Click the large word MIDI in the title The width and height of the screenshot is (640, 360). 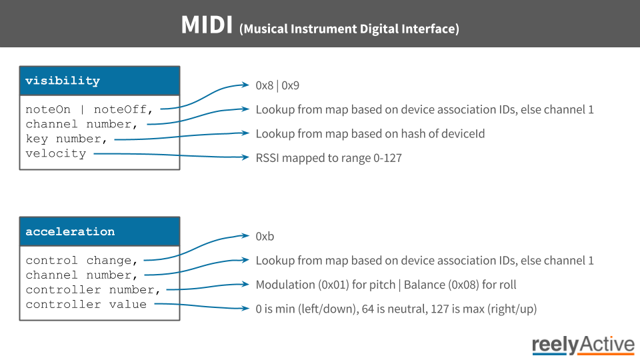click(207, 25)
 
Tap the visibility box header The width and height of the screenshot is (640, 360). click(99, 81)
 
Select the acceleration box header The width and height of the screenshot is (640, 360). click(99, 231)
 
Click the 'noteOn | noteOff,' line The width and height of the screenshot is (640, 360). click(89, 110)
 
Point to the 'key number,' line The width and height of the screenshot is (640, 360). click(66, 139)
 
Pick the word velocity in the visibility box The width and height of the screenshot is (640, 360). click(56, 153)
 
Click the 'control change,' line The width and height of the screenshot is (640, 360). click(81, 261)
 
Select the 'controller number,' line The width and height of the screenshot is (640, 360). click(93, 290)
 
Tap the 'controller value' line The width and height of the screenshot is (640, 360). click(86, 305)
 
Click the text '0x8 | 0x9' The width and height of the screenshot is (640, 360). click(277, 85)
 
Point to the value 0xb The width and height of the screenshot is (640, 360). click(265, 236)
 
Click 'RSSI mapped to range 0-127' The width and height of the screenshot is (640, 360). click(329, 158)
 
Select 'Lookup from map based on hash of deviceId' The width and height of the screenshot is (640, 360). click(370, 134)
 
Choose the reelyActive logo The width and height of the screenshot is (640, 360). click(583, 345)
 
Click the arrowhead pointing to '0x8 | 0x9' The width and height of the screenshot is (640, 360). click(246, 85)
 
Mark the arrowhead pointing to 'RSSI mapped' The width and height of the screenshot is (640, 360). click(246, 157)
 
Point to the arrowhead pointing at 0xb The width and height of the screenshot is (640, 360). click(246, 235)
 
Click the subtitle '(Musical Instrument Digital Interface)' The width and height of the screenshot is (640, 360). click(349, 29)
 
